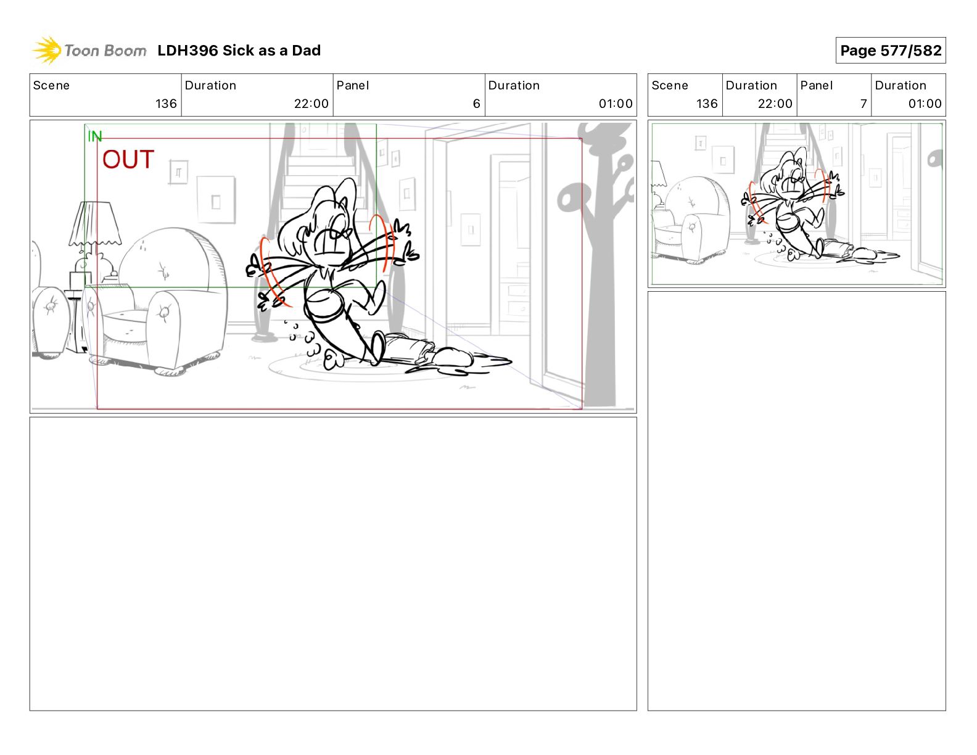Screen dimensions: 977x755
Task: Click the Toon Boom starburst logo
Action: (47, 51)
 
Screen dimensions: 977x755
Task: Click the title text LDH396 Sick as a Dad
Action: (239, 51)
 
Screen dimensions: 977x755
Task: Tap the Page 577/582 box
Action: (890, 51)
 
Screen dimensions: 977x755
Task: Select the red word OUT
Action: (128, 160)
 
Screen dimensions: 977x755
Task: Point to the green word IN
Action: (95, 136)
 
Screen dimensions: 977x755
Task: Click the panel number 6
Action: (476, 104)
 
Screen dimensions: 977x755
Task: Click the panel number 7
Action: (864, 104)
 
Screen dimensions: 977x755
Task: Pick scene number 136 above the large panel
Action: (166, 104)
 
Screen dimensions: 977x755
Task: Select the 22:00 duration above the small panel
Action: (775, 104)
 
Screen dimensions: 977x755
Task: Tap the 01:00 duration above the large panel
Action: (616, 104)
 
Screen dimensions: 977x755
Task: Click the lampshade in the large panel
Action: (95, 223)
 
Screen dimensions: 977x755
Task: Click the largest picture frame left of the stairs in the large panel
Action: (216, 200)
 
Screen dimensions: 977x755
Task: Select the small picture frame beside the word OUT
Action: (178, 171)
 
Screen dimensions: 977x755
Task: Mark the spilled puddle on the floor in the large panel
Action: (459, 363)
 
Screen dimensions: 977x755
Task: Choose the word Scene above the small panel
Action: (669, 86)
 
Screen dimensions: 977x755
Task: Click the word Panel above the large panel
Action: (352, 86)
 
